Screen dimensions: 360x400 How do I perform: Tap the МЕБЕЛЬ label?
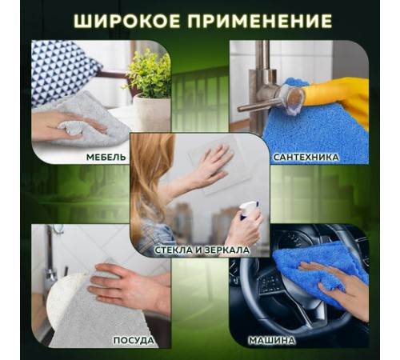tap(105, 158)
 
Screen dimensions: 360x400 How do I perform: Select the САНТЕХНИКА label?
tap(306, 158)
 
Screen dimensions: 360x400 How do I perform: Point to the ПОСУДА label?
tap(134, 341)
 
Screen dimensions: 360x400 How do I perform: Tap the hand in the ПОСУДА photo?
tap(128, 284)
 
